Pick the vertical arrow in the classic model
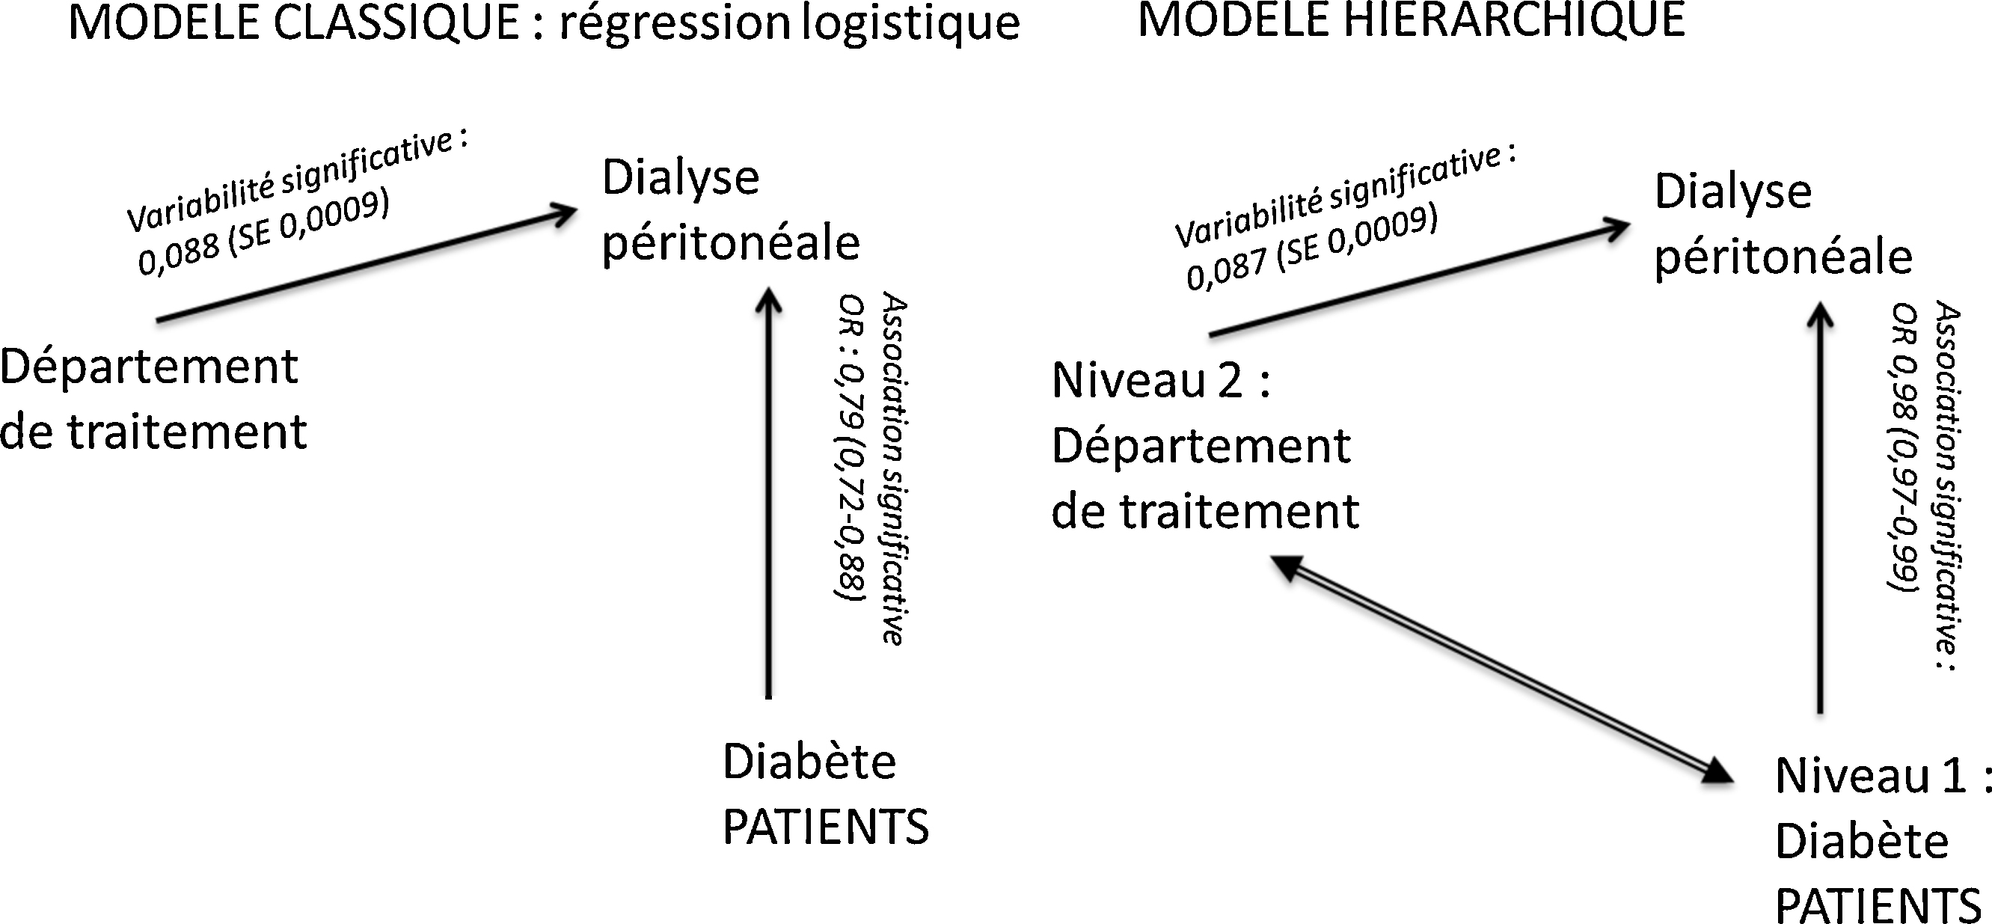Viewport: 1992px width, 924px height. point(768,493)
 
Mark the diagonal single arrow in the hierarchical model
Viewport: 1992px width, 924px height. point(1420,278)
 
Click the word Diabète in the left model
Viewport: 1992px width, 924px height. point(809,762)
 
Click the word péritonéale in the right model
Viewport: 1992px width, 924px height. point(1783,257)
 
